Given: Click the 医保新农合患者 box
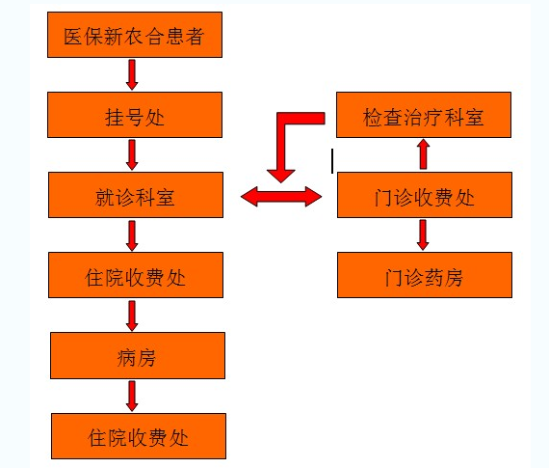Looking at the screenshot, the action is point(135,35).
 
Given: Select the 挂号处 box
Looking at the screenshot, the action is point(135,115).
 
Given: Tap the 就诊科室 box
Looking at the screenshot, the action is point(136,195).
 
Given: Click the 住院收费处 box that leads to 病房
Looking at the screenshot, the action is point(136,275).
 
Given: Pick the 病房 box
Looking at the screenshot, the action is point(138,355).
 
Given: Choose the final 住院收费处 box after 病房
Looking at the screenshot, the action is point(139,436).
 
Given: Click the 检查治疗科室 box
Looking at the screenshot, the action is point(424,115).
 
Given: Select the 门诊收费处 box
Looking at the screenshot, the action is point(425,195).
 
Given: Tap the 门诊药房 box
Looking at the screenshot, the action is point(425,275).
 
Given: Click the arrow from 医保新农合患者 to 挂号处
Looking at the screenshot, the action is point(132,74).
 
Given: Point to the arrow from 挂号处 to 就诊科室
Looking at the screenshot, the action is point(132,154).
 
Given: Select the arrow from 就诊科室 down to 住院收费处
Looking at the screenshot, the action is point(132,235).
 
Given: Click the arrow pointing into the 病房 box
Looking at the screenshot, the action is point(132,316).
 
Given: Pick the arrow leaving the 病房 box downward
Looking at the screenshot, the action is point(132,396).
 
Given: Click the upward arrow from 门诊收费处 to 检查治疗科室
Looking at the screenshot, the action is point(423,154).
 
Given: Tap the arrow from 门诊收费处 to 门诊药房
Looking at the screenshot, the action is point(423,234).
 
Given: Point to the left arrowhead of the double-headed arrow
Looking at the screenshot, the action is point(249,196).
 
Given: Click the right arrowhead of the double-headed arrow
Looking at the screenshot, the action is point(313,196).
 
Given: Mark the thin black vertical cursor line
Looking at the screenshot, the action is point(332,161).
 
